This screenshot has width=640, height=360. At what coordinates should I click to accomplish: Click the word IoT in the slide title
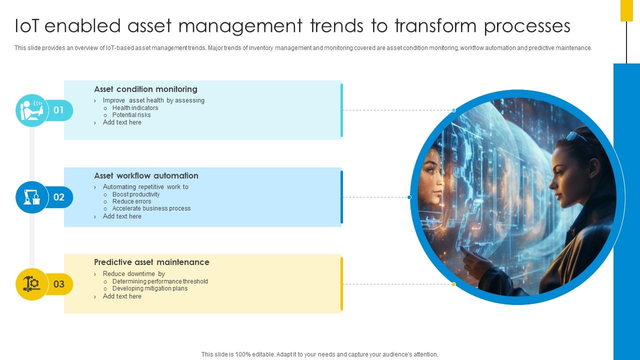(x=26, y=26)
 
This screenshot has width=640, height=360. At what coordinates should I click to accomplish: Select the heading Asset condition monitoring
(x=145, y=89)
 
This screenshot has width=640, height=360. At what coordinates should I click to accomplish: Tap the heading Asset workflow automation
(x=146, y=175)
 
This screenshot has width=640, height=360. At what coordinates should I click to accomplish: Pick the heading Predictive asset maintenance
(x=151, y=262)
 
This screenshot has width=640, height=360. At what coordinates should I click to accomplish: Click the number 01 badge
(x=59, y=110)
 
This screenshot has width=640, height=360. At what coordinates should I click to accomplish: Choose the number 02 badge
(x=59, y=197)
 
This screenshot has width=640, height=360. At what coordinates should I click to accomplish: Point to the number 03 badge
(x=59, y=284)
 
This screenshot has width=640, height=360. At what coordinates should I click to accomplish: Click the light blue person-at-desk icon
(x=31, y=110)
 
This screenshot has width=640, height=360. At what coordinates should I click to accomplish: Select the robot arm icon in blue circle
(x=31, y=197)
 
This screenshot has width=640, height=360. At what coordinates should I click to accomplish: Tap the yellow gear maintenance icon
(x=31, y=284)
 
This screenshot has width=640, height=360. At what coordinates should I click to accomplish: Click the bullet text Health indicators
(x=135, y=108)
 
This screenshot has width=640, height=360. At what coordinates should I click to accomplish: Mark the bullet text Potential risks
(x=131, y=115)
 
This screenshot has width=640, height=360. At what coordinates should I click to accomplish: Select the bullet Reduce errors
(x=131, y=201)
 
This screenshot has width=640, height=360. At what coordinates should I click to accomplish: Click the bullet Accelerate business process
(x=151, y=208)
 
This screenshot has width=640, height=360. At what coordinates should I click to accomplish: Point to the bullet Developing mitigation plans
(x=150, y=288)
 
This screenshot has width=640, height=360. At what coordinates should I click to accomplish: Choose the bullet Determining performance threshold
(x=160, y=281)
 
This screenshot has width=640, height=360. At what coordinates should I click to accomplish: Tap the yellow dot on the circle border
(x=454, y=284)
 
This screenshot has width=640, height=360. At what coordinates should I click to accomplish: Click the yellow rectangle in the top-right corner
(x=626, y=10)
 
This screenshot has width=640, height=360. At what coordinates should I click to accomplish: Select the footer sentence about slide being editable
(x=319, y=354)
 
